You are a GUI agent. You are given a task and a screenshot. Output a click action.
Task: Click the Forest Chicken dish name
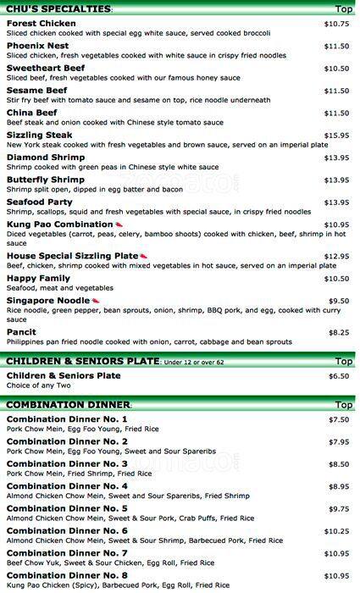click(x=40, y=24)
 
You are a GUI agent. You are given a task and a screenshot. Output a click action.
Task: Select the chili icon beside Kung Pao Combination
click(x=119, y=224)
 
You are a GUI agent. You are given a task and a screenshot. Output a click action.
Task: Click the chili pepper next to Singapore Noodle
click(x=96, y=301)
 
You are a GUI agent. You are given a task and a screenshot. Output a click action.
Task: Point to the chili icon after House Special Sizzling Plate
click(x=143, y=256)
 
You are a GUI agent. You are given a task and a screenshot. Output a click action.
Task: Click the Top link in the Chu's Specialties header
click(x=344, y=9)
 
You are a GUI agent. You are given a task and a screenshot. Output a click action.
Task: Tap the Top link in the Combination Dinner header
click(x=344, y=405)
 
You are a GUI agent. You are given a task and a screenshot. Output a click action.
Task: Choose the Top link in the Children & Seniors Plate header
click(x=344, y=361)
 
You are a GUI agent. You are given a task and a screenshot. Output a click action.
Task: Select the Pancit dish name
click(x=21, y=332)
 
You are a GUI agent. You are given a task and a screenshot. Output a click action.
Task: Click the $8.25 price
click(x=339, y=333)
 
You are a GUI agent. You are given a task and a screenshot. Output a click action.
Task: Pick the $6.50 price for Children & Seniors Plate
click(x=339, y=376)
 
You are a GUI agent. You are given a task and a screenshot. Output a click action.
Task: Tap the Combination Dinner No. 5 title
click(x=67, y=508)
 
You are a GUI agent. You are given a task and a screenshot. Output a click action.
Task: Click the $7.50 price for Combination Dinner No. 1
click(x=339, y=420)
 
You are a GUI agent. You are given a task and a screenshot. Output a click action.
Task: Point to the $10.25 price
click(x=336, y=531)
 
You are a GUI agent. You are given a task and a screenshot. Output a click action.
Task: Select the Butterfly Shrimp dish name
click(x=45, y=180)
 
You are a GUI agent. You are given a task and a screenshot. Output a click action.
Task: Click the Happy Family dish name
click(x=38, y=279)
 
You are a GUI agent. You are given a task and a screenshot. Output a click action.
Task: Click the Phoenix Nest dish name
click(x=37, y=46)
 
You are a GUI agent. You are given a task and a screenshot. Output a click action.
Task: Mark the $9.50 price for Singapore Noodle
click(x=339, y=301)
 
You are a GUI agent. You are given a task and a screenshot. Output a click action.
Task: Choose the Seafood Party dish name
click(x=40, y=202)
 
